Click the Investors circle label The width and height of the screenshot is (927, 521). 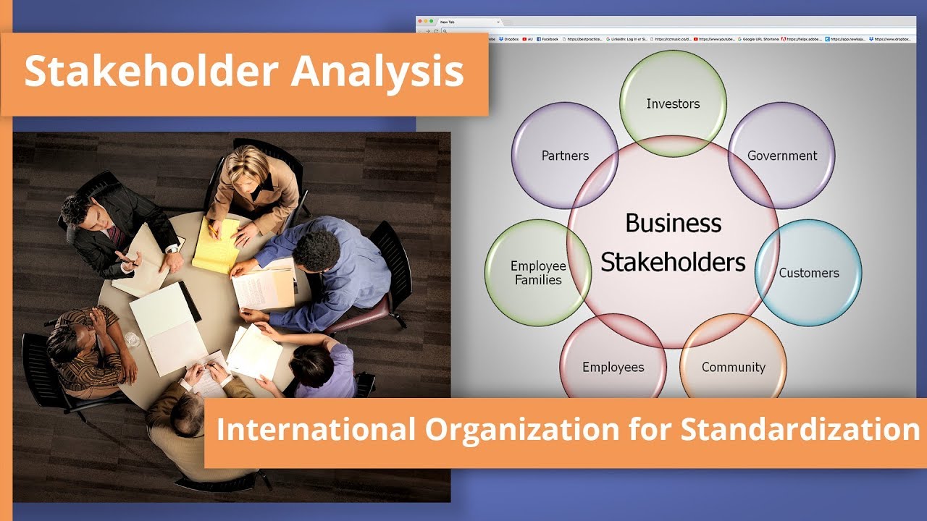pyautogui.click(x=673, y=104)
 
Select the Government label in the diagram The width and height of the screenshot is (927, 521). pyautogui.click(x=782, y=156)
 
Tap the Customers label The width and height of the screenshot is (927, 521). pyautogui.click(x=809, y=273)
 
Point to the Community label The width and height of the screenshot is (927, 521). pyautogui.click(x=733, y=367)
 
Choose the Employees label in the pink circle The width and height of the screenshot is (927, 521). pyautogui.click(x=613, y=367)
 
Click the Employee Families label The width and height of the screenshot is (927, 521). pyautogui.click(x=538, y=273)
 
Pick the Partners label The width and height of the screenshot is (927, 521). pyautogui.click(x=565, y=156)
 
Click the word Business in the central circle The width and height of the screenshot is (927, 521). pyautogui.click(x=673, y=223)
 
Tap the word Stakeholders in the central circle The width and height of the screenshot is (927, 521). pyautogui.click(x=673, y=261)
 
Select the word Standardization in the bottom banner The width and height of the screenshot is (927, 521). pyautogui.click(x=800, y=430)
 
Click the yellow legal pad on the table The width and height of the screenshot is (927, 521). pyautogui.click(x=215, y=245)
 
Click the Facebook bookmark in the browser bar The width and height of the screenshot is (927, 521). pyautogui.click(x=548, y=39)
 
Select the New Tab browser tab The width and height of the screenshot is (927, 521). pyautogui.click(x=448, y=22)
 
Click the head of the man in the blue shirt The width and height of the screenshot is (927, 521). pyautogui.click(x=316, y=252)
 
